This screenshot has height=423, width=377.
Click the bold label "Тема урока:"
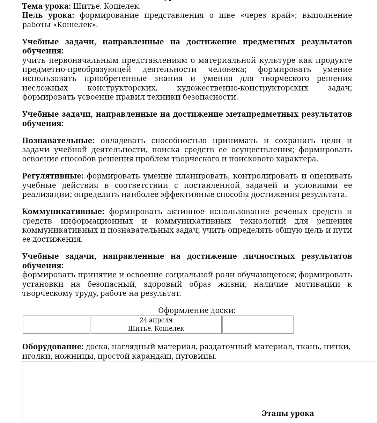46,6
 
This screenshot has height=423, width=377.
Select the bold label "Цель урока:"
48,15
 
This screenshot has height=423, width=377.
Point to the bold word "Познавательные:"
58,140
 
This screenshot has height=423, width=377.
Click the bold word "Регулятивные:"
53,176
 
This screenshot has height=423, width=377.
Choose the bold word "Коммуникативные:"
63,211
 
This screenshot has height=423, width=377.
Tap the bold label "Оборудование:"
53,347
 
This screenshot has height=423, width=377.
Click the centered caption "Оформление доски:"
197,310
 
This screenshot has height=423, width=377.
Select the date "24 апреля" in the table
156,320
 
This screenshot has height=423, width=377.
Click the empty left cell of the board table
56,324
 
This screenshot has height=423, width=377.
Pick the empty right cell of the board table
258,324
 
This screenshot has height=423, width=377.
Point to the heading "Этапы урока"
288,413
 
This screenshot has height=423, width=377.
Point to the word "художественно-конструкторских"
243,88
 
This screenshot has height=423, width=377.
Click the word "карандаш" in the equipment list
152,356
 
